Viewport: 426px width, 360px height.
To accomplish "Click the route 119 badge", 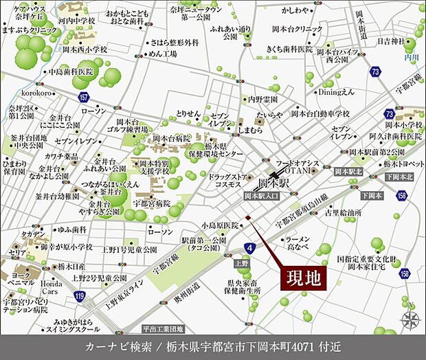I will [80, 295].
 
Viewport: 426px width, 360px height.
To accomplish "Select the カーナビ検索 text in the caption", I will [112, 346].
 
